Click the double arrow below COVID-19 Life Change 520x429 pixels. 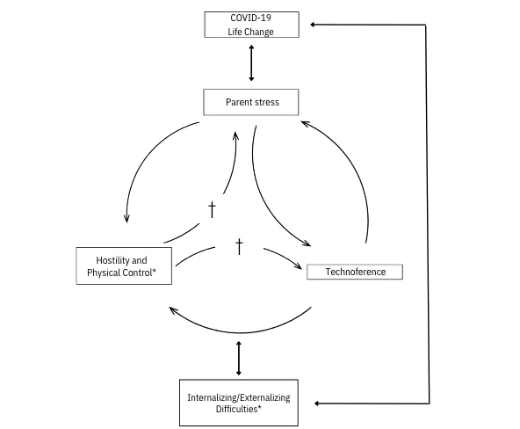click(x=251, y=63)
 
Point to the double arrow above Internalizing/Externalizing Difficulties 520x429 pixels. click(x=238, y=359)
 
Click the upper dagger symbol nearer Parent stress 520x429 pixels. click(x=212, y=210)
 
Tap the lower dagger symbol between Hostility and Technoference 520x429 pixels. click(x=239, y=246)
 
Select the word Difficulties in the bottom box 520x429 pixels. click(x=237, y=409)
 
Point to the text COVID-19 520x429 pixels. click(x=250, y=18)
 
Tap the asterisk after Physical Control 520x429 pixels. click(x=155, y=271)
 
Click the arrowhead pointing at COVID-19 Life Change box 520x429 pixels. click(x=313, y=25)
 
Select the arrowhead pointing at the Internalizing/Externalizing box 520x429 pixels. click(x=316, y=404)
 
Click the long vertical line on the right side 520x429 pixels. click(x=428, y=214)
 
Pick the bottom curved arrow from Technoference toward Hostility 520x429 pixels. click(x=240, y=332)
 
